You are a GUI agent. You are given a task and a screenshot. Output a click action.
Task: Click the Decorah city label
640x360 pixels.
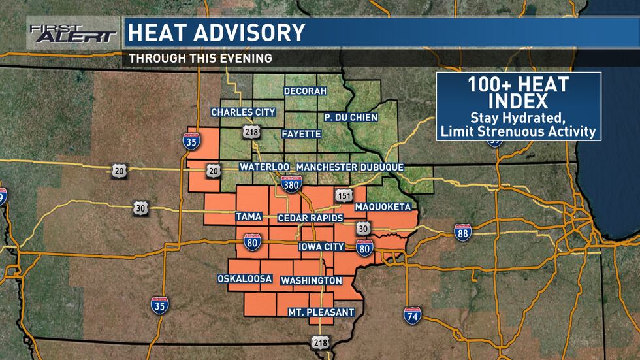point(305,91)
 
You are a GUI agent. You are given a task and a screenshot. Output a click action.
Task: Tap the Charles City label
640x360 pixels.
point(243,112)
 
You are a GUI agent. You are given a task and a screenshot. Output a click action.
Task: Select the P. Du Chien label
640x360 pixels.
point(351,117)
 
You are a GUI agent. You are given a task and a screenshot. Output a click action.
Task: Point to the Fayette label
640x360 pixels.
point(301,134)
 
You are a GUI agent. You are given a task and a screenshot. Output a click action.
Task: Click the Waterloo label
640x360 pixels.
point(264,167)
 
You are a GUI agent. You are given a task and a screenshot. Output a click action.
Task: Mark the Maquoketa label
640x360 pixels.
point(383,207)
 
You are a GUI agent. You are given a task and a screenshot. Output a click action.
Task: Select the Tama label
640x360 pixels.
point(248,216)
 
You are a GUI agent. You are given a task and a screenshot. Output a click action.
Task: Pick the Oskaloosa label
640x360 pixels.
point(245,279)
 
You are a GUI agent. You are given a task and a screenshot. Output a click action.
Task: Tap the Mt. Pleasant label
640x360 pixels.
point(321,312)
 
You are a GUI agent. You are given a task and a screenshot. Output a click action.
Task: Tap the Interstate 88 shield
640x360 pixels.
point(463,232)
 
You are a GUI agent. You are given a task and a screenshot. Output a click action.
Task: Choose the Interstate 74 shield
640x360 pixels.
point(412,316)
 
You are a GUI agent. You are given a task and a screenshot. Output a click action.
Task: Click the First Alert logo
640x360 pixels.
point(72,33)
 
